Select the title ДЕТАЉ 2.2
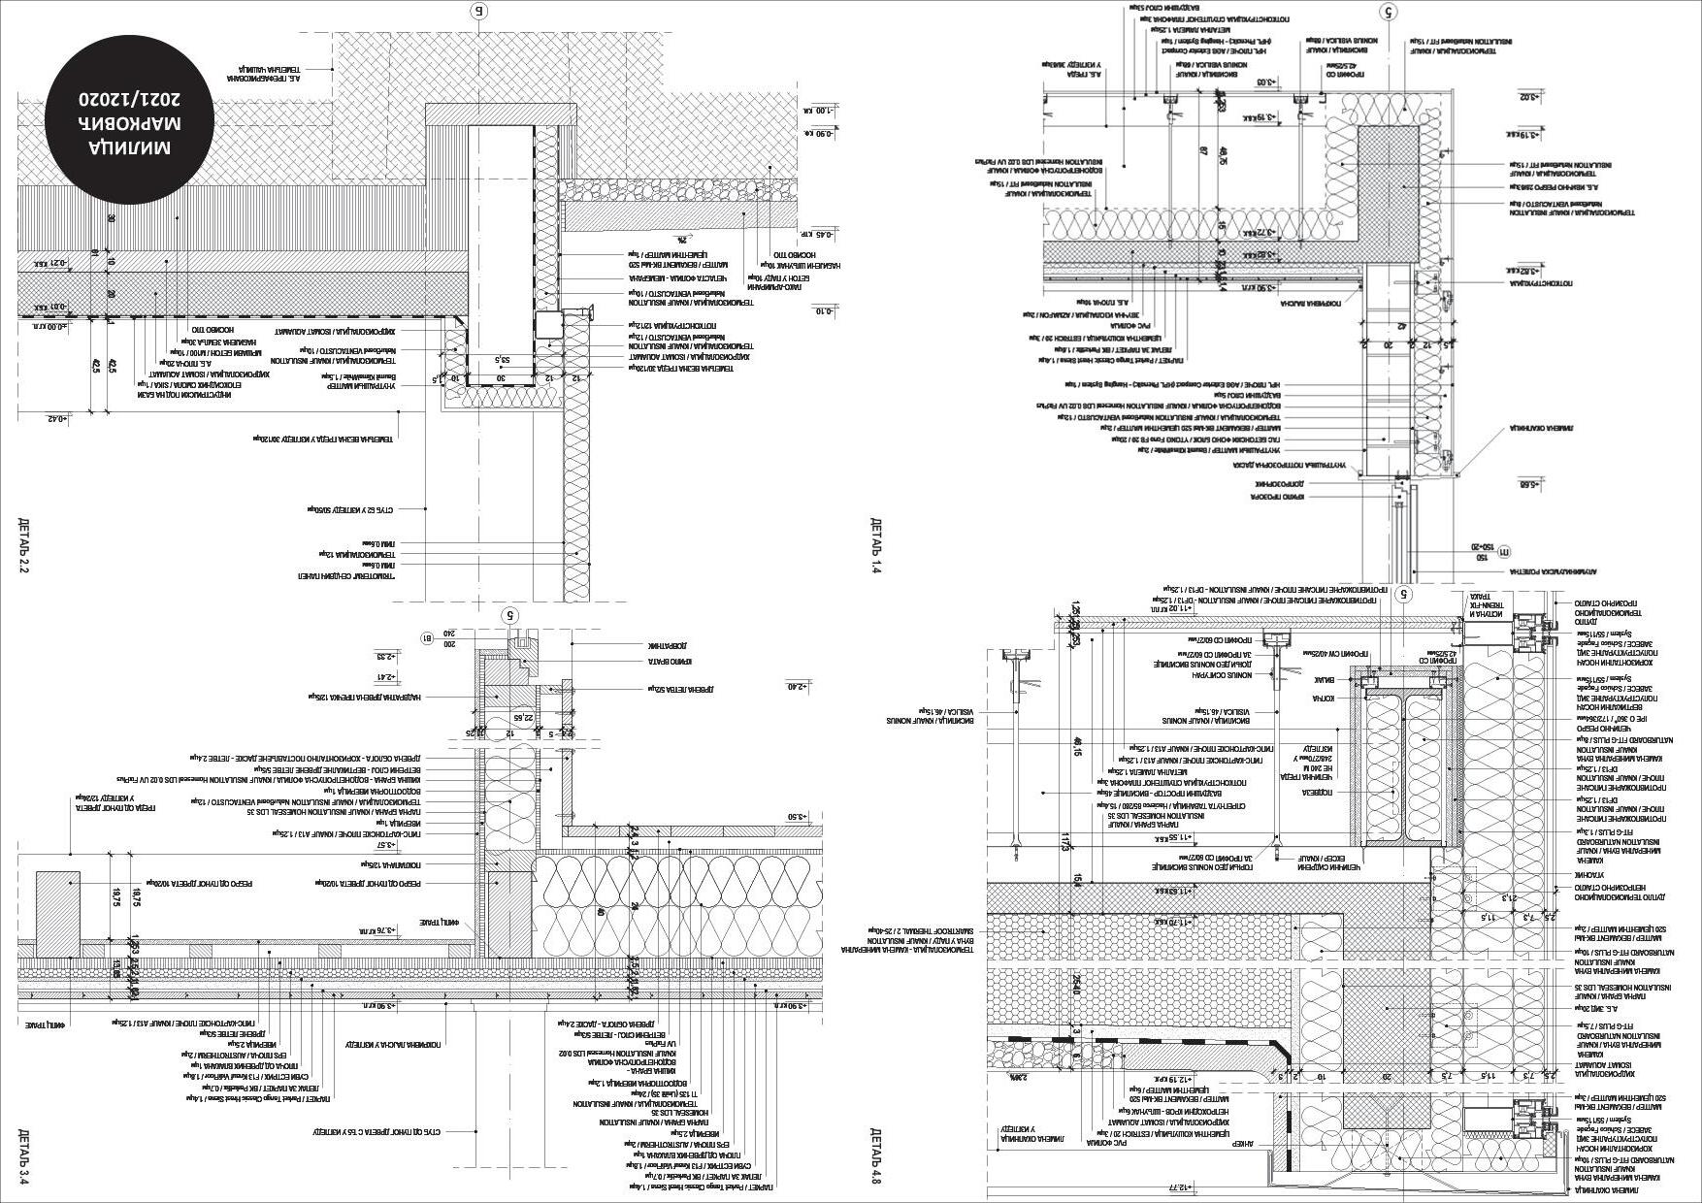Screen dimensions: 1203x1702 (24, 546)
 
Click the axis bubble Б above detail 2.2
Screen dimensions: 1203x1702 (477, 11)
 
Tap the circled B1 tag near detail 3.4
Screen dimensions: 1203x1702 (428, 637)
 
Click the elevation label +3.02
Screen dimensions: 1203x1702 (1530, 96)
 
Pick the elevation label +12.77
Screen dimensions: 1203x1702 (1178, 1186)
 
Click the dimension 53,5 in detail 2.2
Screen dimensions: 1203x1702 (503, 360)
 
